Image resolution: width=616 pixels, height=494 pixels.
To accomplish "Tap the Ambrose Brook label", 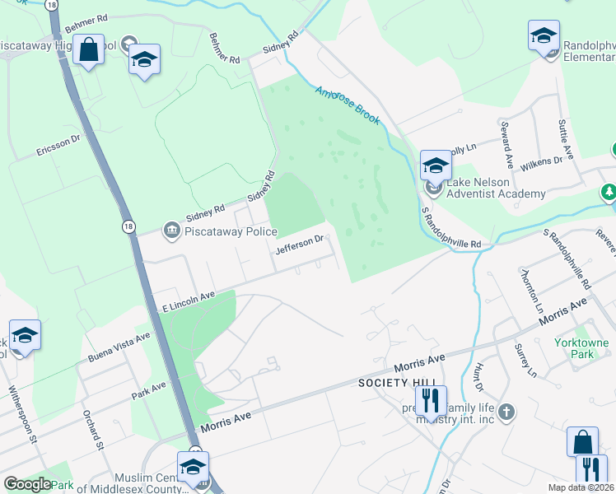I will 348,105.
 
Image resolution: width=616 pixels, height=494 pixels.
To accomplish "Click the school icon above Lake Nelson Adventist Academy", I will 435,165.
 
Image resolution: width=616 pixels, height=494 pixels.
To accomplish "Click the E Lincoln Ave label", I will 188,301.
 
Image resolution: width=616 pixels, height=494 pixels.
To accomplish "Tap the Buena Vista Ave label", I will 119,347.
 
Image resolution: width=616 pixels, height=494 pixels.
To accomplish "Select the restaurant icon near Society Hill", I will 430,401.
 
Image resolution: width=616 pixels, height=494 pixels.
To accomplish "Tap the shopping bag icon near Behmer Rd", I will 88,50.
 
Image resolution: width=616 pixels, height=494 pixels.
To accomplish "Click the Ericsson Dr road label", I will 58,144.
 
